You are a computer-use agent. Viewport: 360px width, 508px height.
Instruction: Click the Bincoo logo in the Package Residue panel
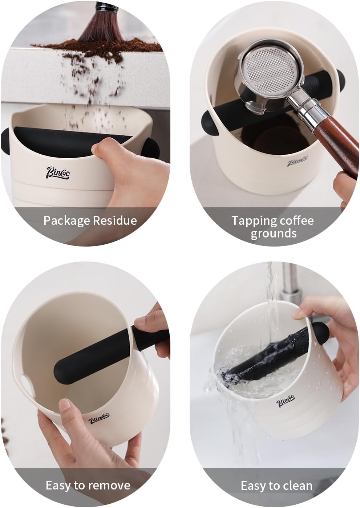point(57,173)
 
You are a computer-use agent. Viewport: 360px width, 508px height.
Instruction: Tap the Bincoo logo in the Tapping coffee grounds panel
point(298,161)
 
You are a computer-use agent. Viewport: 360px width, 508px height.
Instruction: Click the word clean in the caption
point(296,485)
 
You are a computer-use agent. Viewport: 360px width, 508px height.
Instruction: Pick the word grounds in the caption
point(273,233)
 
